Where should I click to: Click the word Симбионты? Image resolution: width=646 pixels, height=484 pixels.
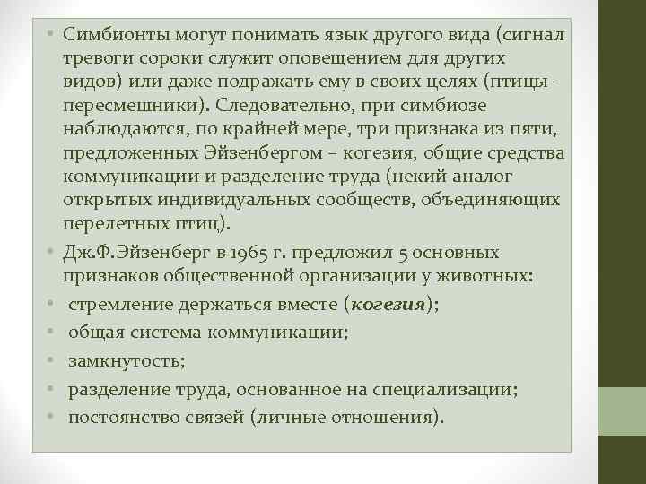tap(115, 33)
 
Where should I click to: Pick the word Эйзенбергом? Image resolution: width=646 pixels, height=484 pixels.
tap(299, 151)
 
